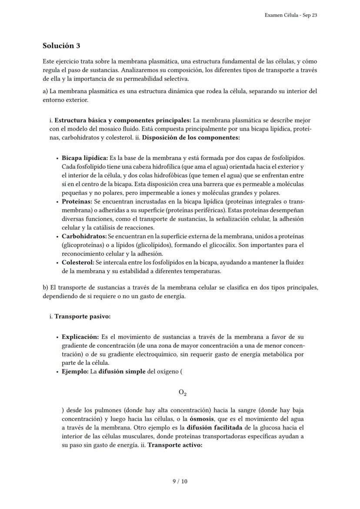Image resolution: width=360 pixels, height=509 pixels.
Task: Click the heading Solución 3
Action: pyautogui.click(x=61, y=46)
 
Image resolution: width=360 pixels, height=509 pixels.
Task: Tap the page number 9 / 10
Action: pyautogui.click(x=180, y=481)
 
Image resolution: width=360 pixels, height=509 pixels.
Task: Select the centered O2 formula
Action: pyautogui.click(x=183, y=393)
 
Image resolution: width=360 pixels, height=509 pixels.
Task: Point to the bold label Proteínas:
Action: pyautogui.click(x=77, y=202)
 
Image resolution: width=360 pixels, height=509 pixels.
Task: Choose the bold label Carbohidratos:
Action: pyautogui.click(x=84, y=236)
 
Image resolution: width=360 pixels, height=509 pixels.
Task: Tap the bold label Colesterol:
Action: pyautogui.click(x=78, y=263)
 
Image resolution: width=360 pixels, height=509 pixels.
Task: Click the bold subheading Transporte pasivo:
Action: pyautogui.click(x=82, y=316)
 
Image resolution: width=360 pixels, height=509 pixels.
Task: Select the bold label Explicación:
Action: pyautogui.click(x=80, y=337)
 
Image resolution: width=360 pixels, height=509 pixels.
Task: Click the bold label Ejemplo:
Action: pyautogui.click(x=75, y=372)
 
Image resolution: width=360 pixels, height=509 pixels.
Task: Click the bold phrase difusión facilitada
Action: pyautogui.click(x=214, y=427)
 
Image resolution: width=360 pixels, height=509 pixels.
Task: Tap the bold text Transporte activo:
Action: pyautogui.click(x=175, y=445)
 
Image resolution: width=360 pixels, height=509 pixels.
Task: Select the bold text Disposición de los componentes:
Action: pyautogui.click(x=191, y=138)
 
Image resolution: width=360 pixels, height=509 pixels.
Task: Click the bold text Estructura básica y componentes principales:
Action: pyautogui.click(x=123, y=120)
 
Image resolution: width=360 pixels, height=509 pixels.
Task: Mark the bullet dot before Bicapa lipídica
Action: pyautogui.click(x=57, y=158)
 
